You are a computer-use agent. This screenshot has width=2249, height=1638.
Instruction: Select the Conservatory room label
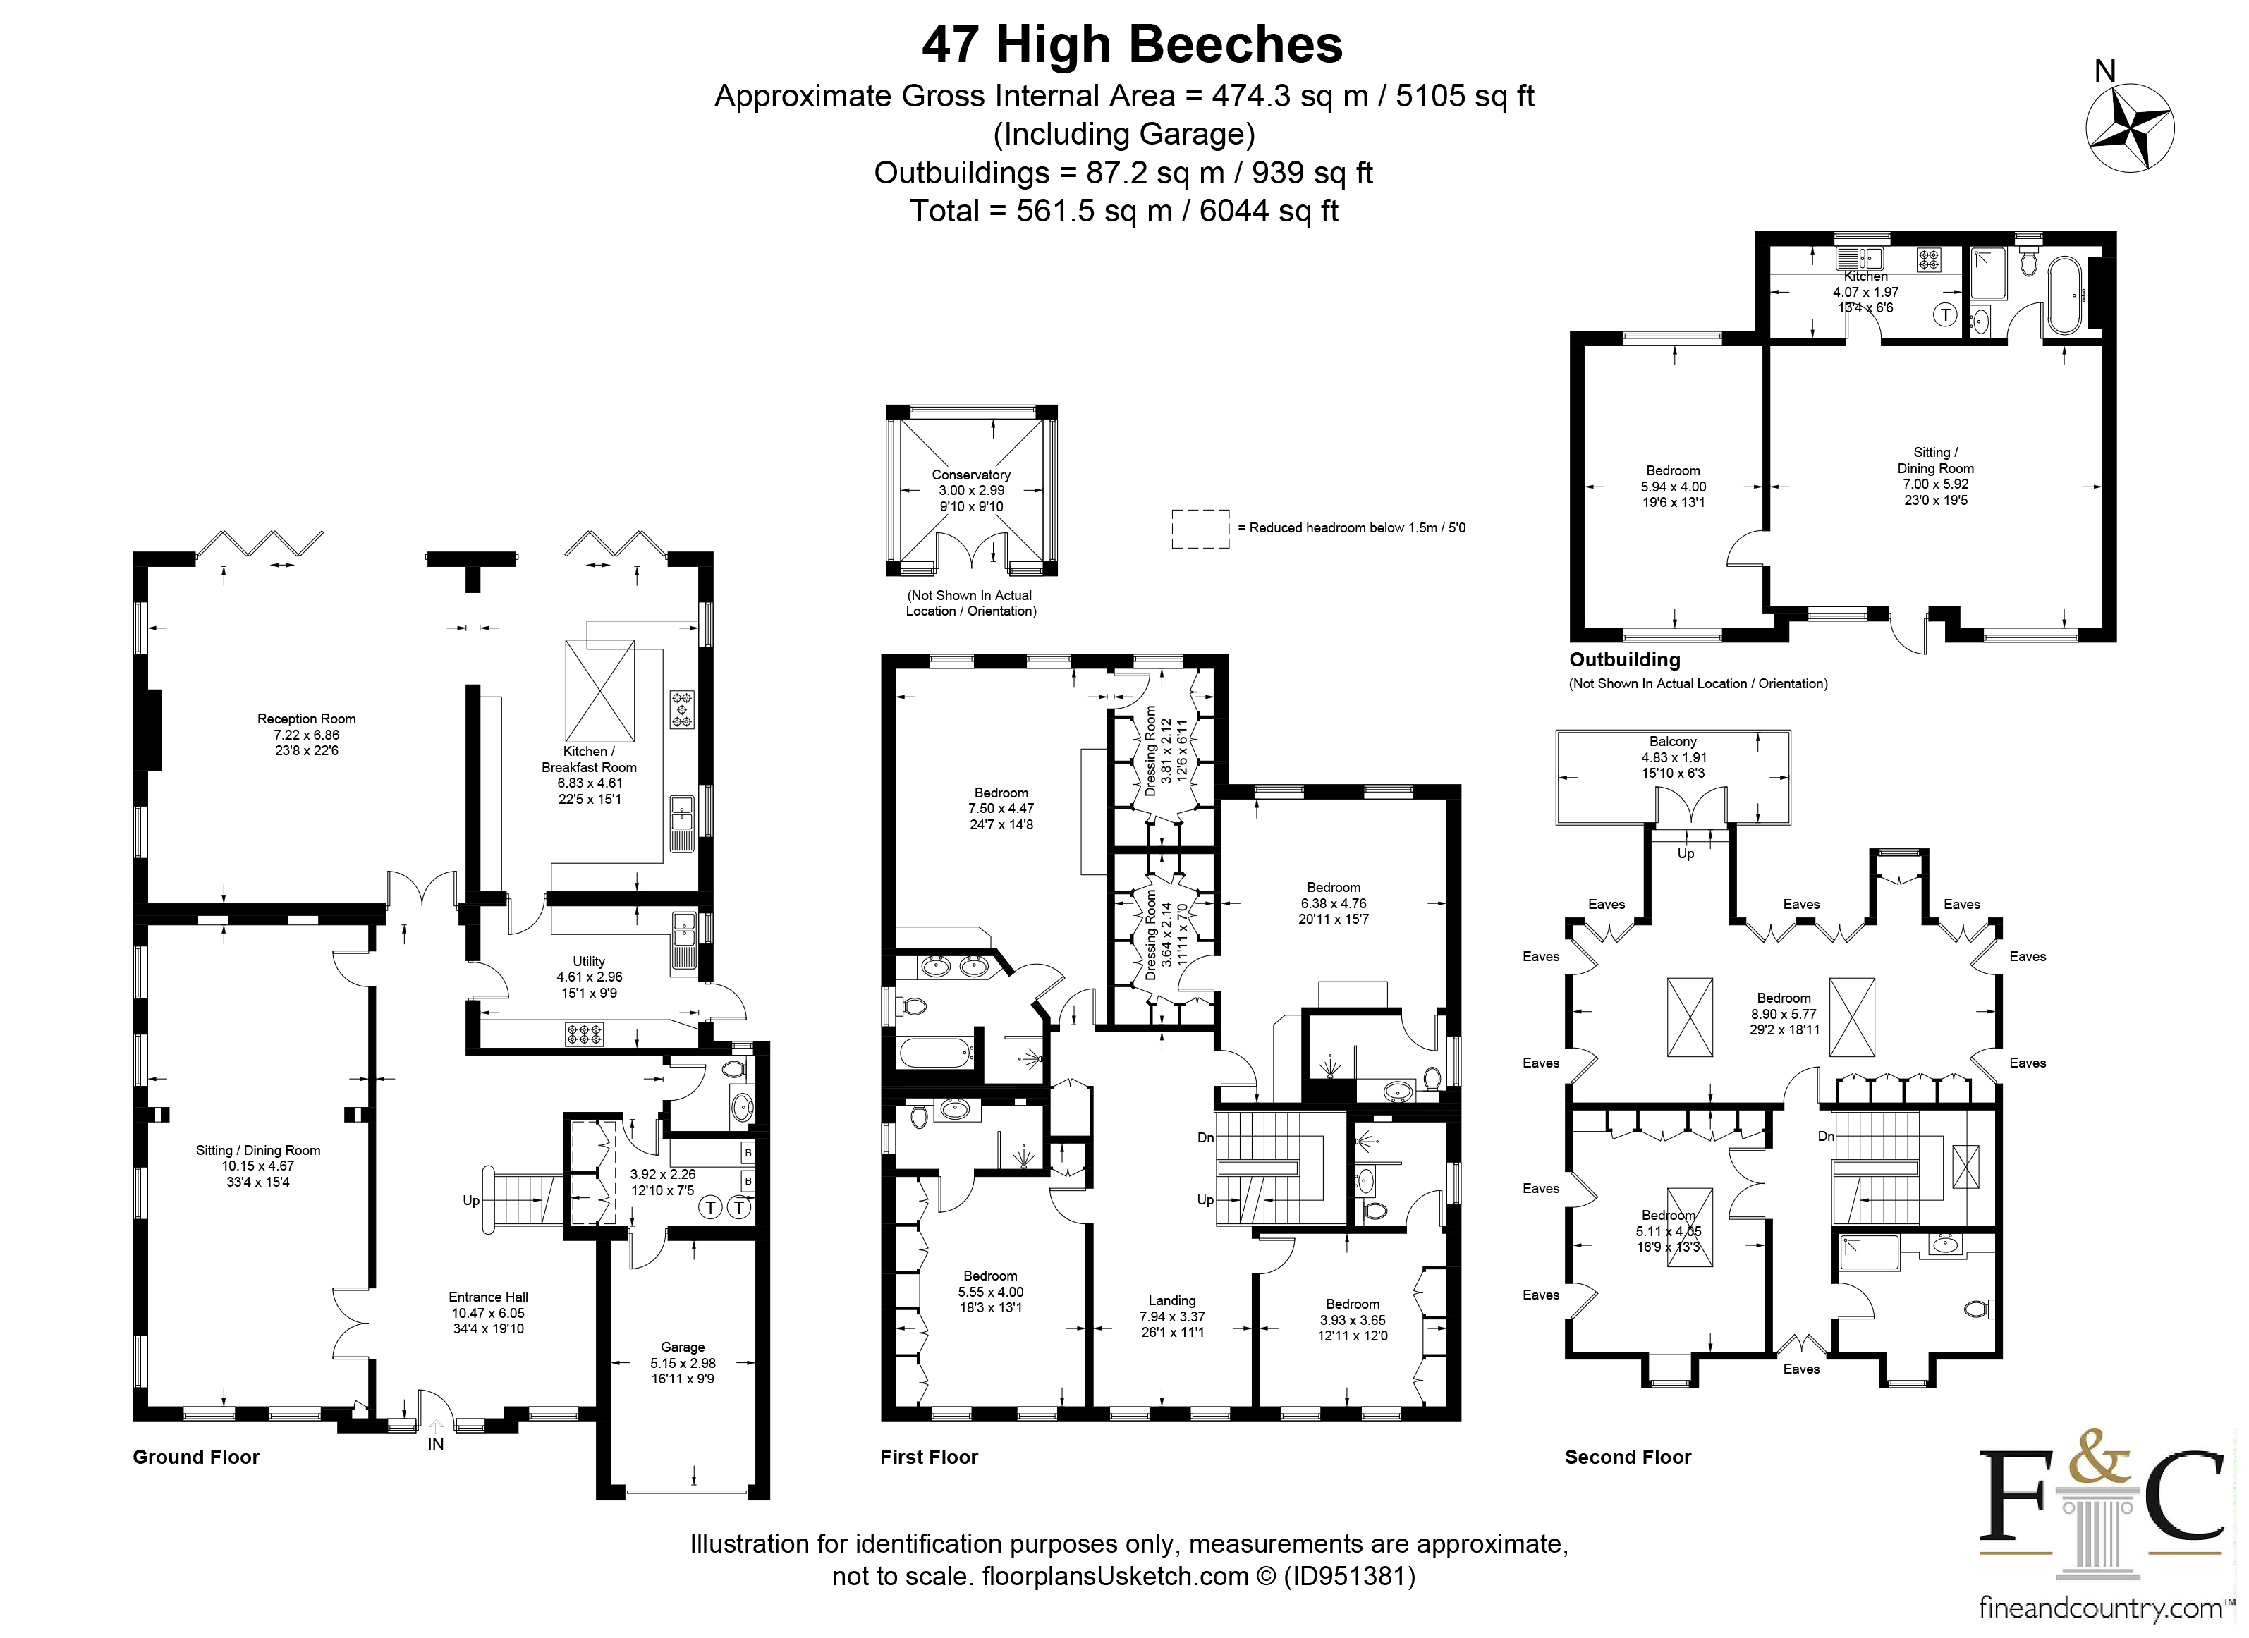point(971,475)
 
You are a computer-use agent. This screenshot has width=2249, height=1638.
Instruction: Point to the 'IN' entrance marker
point(435,1445)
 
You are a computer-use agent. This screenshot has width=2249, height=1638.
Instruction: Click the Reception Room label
point(306,719)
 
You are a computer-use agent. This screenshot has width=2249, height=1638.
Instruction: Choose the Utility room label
point(588,961)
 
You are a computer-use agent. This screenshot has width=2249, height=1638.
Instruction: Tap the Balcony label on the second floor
point(1673,742)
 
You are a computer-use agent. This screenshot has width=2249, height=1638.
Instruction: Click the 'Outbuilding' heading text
point(1624,659)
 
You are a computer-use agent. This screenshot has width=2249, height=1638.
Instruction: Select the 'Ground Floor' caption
point(196,1457)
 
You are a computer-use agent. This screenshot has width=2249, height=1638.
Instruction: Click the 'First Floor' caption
point(930,1457)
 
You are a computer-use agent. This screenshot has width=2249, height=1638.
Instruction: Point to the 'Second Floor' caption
point(1628,1457)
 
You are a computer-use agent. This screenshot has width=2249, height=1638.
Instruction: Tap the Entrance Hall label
point(488,1297)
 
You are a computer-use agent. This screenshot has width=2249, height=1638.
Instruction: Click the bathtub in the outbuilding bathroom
point(2061,295)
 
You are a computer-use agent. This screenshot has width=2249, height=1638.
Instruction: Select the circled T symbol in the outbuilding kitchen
point(1946,315)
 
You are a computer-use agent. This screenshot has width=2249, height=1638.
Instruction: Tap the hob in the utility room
point(584,1035)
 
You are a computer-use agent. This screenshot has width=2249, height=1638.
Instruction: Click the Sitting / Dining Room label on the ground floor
point(258,1150)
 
